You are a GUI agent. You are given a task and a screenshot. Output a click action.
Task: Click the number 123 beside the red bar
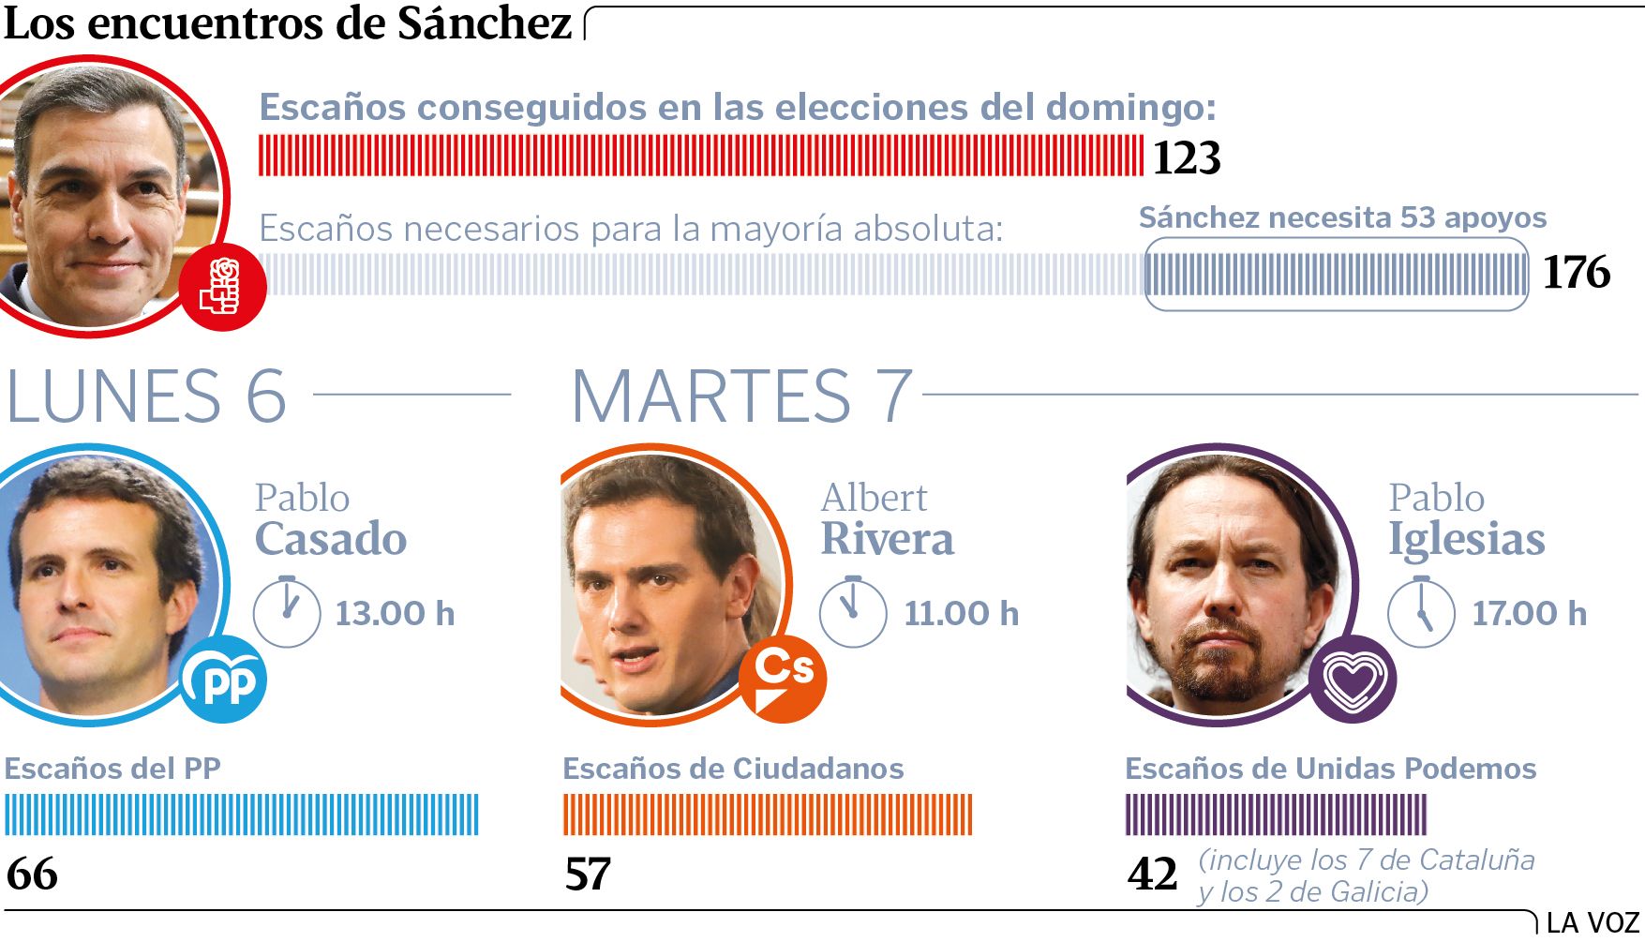(x=1187, y=157)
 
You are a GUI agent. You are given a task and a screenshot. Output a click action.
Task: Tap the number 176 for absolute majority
(x=1577, y=272)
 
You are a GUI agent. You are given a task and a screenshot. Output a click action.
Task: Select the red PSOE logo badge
(x=222, y=287)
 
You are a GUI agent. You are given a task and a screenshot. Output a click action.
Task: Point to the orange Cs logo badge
(x=784, y=679)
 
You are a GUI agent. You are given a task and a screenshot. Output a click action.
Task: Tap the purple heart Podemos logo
(x=1353, y=680)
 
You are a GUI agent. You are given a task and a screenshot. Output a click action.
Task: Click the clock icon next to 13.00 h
(x=287, y=612)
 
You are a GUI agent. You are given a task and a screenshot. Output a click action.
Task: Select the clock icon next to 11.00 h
(x=853, y=612)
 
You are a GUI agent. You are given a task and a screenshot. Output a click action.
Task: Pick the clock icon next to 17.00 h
(x=1421, y=612)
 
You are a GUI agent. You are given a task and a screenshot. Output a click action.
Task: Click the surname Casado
(x=331, y=539)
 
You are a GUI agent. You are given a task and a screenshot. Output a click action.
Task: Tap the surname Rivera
(x=887, y=539)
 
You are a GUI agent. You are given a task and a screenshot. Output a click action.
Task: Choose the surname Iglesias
(x=1466, y=539)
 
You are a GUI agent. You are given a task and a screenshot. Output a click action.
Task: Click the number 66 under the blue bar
(x=32, y=874)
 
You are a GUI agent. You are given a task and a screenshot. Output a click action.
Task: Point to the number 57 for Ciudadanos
(x=588, y=874)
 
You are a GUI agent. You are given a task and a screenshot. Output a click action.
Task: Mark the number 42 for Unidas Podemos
(x=1152, y=874)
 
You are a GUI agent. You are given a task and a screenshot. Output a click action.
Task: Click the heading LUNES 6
(x=146, y=396)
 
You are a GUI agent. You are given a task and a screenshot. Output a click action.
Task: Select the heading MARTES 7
(x=740, y=396)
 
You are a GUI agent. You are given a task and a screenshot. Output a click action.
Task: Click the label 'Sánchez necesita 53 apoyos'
(x=1342, y=217)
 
